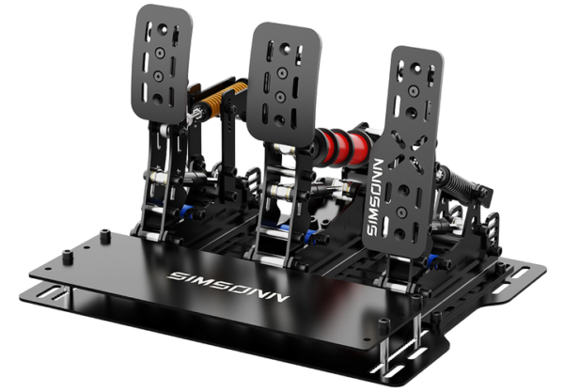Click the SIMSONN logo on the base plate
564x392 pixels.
(x=228, y=287)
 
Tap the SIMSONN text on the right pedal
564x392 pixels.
(x=375, y=197)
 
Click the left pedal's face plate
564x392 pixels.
(x=161, y=64)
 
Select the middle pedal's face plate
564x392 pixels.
(x=284, y=84)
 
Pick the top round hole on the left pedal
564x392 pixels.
(x=163, y=29)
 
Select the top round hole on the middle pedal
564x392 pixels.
(x=285, y=49)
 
